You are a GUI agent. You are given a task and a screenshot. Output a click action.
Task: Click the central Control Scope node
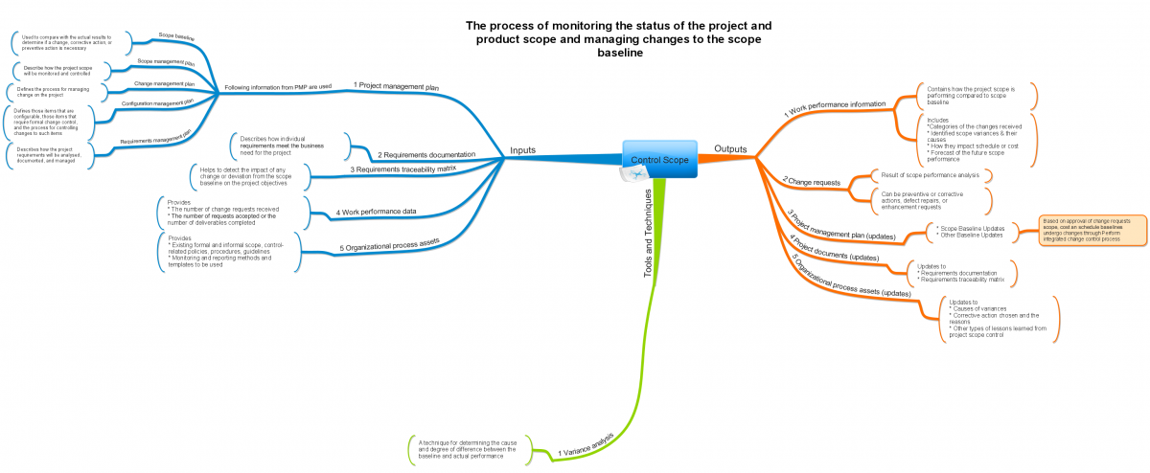(x=659, y=159)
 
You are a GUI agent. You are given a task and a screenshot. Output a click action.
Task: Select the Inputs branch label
(x=522, y=150)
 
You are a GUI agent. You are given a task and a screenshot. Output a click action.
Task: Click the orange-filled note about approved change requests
(x=1092, y=231)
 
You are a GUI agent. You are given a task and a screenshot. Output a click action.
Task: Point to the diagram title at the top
(x=618, y=39)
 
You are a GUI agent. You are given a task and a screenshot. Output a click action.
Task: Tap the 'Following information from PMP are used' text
(x=278, y=87)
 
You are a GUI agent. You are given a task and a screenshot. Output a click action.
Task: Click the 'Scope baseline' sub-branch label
(x=176, y=38)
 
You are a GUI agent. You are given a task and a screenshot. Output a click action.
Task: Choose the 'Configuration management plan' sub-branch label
(x=157, y=101)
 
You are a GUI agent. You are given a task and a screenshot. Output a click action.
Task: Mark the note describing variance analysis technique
(x=468, y=449)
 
